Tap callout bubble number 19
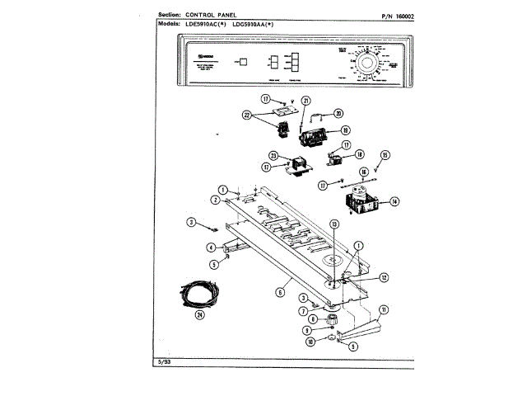pyautogui.click(x=345, y=130)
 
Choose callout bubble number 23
pyautogui.click(x=273, y=155)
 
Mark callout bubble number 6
pyautogui.click(x=279, y=290)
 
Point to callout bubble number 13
pyautogui.click(x=333, y=224)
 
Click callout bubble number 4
pyautogui.click(x=211, y=247)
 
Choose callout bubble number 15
pyautogui.click(x=385, y=154)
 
